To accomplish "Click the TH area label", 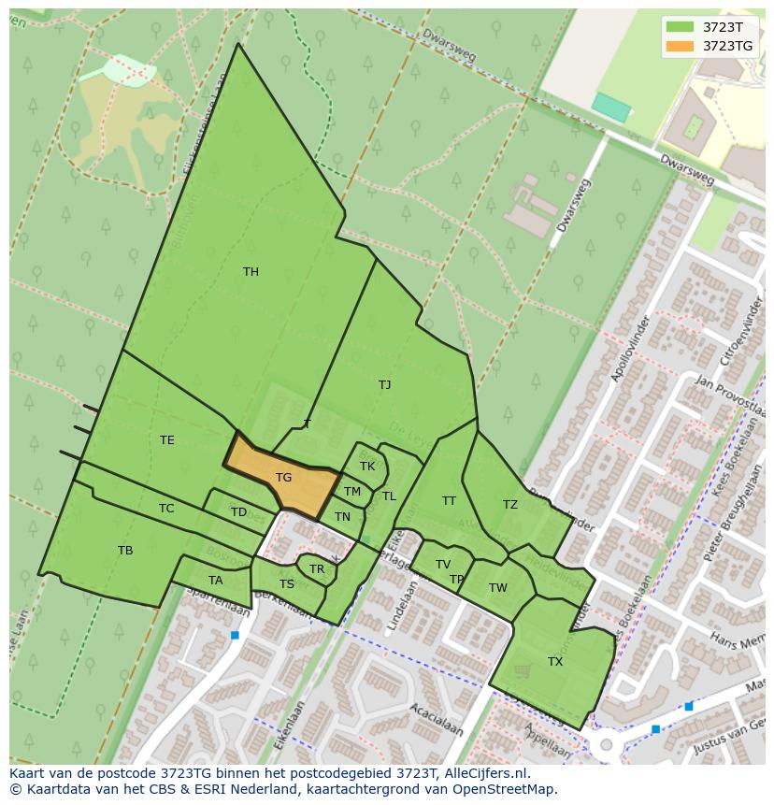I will coord(251,272).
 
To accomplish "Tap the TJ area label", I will coord(385,384).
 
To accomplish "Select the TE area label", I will coord(167,440).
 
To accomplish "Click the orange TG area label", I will coord(283,478).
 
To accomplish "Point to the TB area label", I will coord(125,551).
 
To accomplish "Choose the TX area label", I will coord(555,662).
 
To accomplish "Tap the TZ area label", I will coord(510,505).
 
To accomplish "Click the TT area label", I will coord(450,501).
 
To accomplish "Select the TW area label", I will coord(498,588).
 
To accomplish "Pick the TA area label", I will coord(216,581).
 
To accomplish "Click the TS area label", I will coord(287,584).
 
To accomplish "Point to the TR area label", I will coord(317,569).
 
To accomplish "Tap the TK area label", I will coord(367,466).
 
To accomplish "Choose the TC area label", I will coord(166,509).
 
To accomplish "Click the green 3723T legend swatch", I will coord(681,27).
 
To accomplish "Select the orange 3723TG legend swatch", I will coord(681,46).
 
